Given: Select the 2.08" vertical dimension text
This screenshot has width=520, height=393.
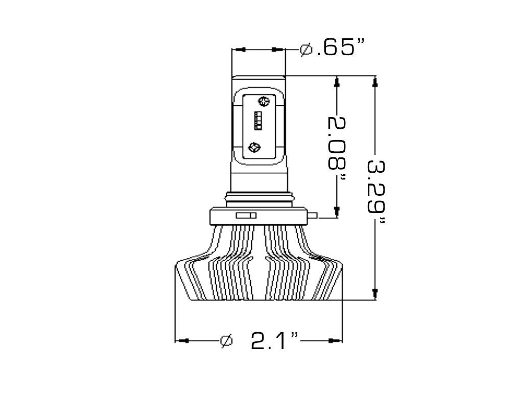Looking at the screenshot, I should coord(338,148).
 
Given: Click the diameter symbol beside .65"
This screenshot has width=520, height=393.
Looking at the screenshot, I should coord(306,50).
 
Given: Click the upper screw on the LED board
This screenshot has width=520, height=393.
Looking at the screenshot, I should coord(264,101).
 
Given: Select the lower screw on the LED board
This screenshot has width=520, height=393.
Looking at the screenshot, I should coord(254,148).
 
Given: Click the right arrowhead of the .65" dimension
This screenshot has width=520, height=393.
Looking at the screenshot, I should coord(276,50).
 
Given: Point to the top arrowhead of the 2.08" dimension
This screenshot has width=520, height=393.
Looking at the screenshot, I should coord(337,80).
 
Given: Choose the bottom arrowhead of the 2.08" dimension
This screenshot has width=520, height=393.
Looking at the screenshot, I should coord(337,211).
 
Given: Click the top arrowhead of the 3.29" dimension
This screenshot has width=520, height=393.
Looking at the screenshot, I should coord(375,80).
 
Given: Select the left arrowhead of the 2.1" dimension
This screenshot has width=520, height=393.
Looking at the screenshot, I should coord(184,340).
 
